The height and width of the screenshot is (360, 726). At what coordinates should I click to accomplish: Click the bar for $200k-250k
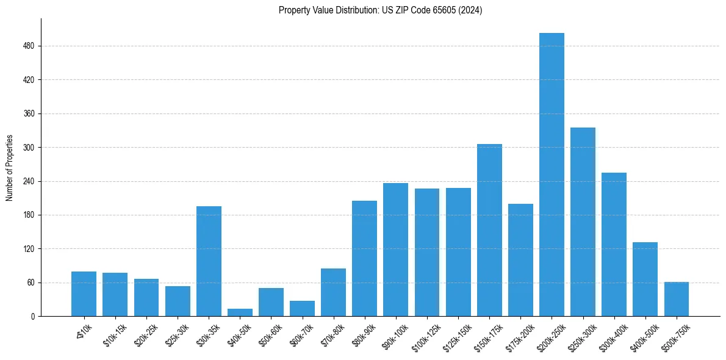click(552, 175)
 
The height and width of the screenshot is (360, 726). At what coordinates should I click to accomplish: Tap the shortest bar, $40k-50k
click(240, 312)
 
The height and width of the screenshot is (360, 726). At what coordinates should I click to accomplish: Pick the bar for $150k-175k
click(489, 230)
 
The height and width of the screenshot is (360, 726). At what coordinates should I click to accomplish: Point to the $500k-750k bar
click(676, 299)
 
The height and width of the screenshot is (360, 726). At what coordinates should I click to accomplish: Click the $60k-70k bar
click(302, 308)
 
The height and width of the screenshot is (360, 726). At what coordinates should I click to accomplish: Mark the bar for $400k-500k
click(645, 279)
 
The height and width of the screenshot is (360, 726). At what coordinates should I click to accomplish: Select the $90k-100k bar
click(395, 250)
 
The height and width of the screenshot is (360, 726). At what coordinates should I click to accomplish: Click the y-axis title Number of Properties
click(9, 168)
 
